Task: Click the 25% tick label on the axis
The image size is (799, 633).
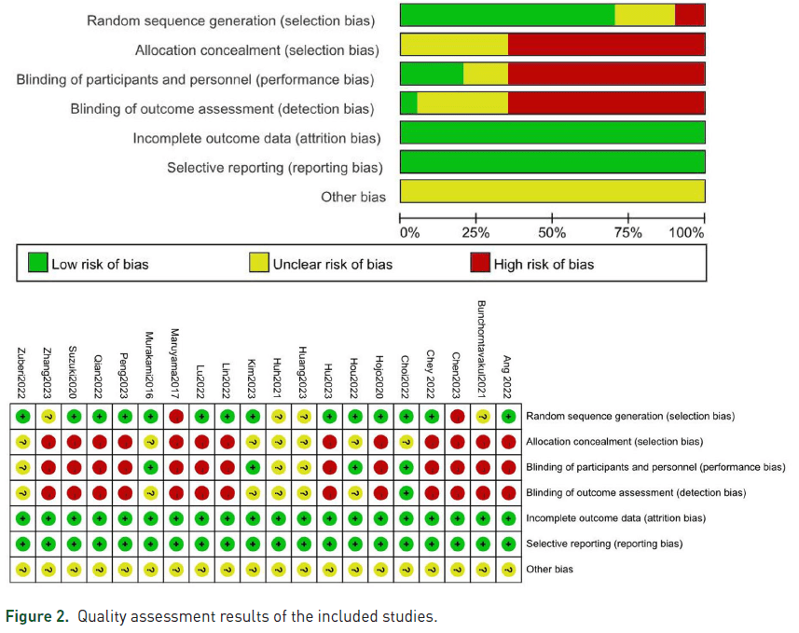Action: coord(475,233)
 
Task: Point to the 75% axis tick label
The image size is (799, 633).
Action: coord(627,233)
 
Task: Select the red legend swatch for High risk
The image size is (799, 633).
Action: coord(480,262)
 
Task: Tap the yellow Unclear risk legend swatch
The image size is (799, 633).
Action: coord(259,262)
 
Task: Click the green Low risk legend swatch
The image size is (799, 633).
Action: coord(37,262)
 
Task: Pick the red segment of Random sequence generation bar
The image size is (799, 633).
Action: coord(690,15)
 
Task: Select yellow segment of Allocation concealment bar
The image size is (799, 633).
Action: coord(454,45)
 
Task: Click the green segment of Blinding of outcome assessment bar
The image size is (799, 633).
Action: coord(408,103)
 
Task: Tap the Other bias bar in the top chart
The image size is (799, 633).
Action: coord(553,191)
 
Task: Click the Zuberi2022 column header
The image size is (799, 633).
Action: coord(21,373)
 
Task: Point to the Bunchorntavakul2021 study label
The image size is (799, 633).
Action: coord(481,349)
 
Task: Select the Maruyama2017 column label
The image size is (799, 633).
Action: coord(174,364)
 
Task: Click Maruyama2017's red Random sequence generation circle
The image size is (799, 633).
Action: coord(176,417)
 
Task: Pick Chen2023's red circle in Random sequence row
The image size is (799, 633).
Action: coord(458,417)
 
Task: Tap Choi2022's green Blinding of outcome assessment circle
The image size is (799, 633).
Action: coord(406,493)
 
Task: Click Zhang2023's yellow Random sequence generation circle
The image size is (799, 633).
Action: coord(48,417)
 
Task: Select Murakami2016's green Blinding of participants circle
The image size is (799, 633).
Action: coord(150,467)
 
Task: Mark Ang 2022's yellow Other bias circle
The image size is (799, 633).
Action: coord(508,570)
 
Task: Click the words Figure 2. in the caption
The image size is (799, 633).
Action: coord(37,616)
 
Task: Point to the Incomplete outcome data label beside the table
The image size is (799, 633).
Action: coord(615,518)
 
